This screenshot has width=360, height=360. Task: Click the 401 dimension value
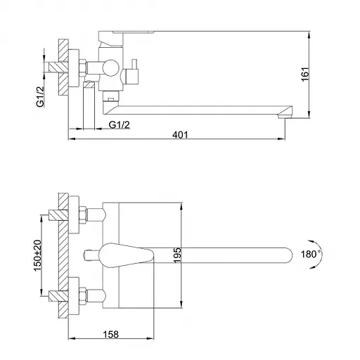click(x=180, y=135)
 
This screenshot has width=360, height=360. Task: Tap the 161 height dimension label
click(x=305, y=75)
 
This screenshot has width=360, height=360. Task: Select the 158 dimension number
click(x=111, y=334)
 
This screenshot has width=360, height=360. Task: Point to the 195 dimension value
click(x=177, y=255)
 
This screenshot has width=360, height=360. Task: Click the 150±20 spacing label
click(x=37, y=255)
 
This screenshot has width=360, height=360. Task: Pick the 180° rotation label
click(x=311, y=254)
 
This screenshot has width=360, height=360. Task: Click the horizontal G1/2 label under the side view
click(x=119, y=125)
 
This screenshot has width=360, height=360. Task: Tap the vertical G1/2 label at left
click(x=40, y=97)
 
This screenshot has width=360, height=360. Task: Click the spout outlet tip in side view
click(x=285, y=116)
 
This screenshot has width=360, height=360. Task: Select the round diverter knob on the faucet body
click(x=110, y=67)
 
